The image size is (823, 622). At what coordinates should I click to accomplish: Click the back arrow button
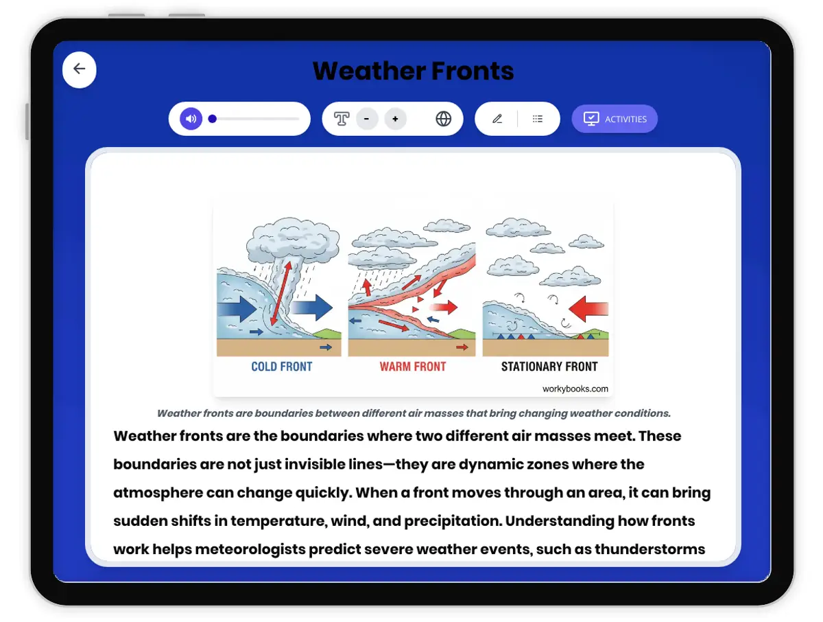coord(79,69)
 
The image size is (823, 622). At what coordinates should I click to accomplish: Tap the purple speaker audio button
coord(191,119)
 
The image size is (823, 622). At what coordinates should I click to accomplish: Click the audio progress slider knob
coord(212,119)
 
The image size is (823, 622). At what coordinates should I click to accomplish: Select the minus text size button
coord(367,119)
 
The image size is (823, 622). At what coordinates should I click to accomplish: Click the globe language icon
coord(443,119)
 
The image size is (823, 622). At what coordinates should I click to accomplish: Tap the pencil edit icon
coord(497,119)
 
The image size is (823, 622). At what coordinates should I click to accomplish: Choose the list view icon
coord(537,119)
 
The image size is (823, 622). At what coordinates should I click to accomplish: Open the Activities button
coord(614,119)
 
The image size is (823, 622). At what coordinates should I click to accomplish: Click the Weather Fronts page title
coord(413,71)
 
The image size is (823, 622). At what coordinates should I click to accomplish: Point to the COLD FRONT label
coord(282,367)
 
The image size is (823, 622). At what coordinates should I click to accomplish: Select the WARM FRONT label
coord(413,367)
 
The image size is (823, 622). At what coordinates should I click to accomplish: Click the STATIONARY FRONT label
coord(549,367)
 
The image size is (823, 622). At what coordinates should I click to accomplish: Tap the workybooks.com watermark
coord(575,389)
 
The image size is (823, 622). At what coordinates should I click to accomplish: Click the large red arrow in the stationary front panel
coord(588,309)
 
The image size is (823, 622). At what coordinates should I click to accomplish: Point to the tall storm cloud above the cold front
coord(293,240)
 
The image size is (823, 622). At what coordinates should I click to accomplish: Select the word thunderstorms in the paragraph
coord(649,549)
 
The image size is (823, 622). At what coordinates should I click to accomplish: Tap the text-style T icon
coord(342,119)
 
